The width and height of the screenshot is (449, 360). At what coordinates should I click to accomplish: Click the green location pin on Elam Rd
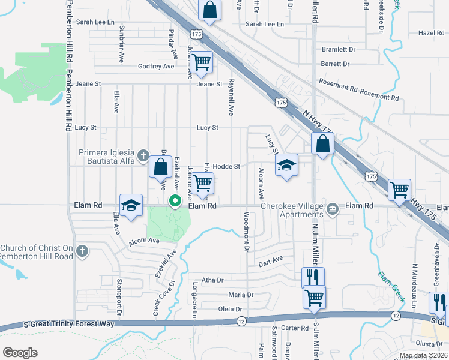[175, 201]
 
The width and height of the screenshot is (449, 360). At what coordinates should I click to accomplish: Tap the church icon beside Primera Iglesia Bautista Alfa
[143, 156]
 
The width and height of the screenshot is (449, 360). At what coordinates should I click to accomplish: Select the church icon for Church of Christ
[83, 251]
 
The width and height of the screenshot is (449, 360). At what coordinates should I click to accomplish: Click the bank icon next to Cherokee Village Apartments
[333, 209]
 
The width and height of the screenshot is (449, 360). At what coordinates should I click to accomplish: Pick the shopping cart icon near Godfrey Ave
[202, 61]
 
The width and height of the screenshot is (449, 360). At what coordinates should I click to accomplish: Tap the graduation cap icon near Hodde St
[287, 166]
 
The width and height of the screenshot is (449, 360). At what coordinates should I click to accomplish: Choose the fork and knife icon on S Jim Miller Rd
[313, 277]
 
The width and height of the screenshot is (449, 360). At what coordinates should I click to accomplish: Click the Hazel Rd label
[430, 33]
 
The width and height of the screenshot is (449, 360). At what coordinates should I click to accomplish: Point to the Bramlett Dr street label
[339, 49]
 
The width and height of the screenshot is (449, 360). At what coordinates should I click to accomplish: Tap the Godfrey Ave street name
[155, 66]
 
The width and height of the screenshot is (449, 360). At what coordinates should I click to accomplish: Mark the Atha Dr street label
[212, 280]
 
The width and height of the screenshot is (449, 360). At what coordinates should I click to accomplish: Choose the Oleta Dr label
[230, 309]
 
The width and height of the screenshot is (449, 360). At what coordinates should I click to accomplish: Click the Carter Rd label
[294, 328]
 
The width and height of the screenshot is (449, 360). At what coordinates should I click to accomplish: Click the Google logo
[20, 352]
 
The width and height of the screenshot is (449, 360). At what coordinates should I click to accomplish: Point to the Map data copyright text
[423, 355]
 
